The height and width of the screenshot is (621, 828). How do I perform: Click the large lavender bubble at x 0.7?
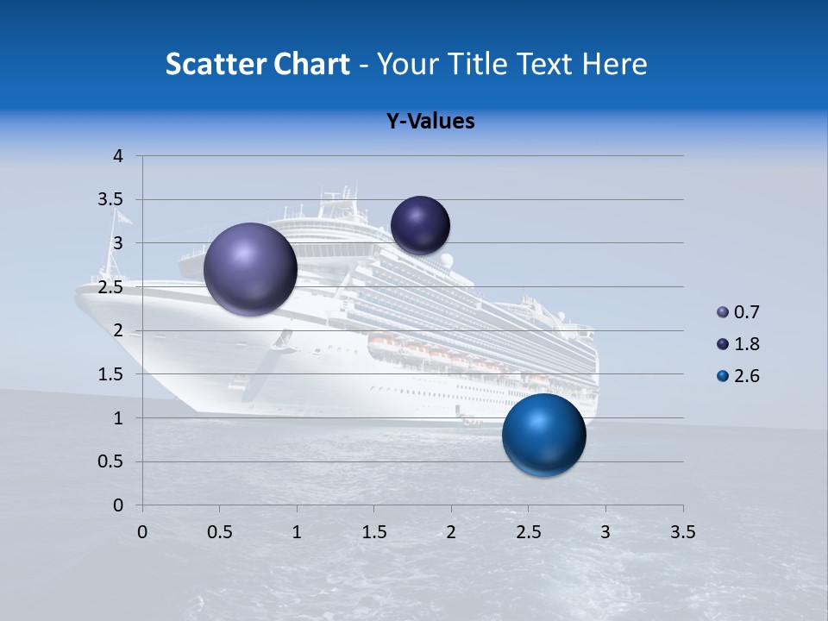250,269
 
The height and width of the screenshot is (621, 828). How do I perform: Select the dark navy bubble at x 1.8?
420,225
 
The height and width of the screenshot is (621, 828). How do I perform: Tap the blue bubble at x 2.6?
543,435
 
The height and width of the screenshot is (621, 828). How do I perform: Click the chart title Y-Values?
430,121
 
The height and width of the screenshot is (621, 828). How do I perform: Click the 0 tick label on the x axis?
142,532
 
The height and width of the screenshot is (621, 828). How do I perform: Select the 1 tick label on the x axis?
297,532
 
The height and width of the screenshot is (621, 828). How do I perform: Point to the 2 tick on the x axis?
451,532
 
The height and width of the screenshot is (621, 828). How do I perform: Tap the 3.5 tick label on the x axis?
683,532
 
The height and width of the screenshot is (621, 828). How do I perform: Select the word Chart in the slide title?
311,64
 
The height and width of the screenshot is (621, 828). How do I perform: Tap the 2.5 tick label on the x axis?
529,532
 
